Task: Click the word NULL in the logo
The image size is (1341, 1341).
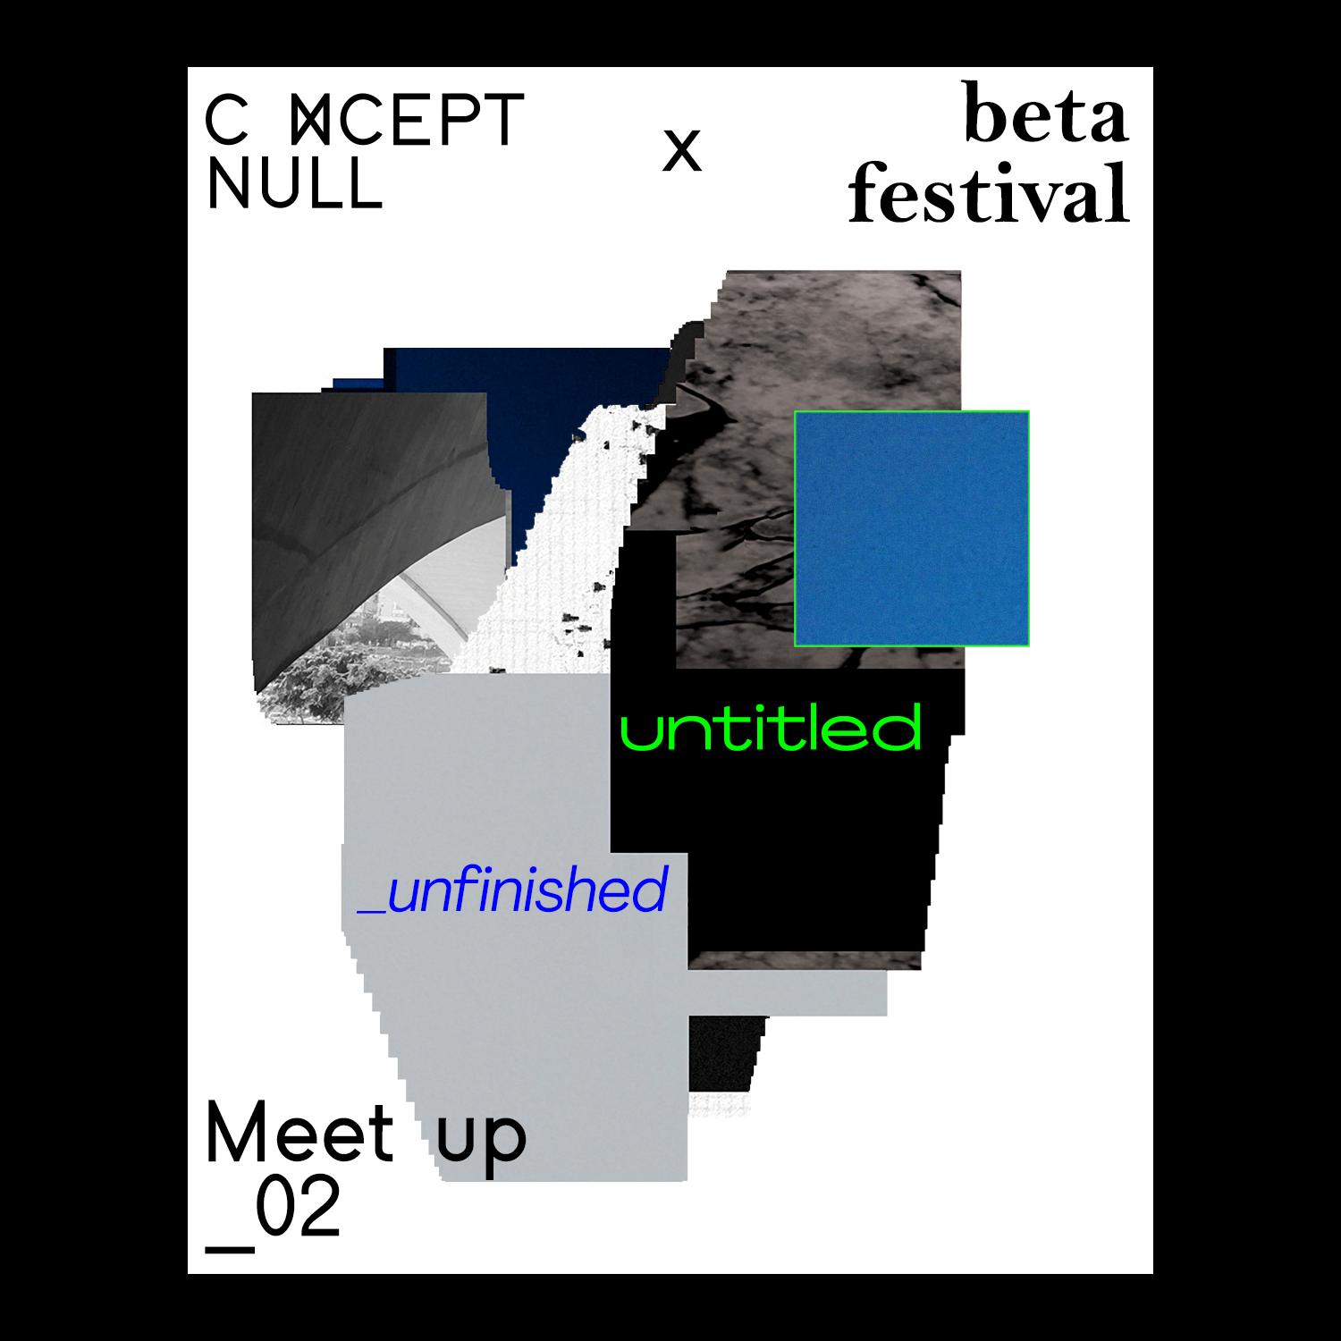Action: click(294, 184)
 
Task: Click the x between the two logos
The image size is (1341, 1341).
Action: click(682, 150)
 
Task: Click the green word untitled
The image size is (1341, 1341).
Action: click(771, 729)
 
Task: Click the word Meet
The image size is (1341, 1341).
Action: click(299, 1133)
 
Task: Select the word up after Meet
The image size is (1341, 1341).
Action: click(481, 1140)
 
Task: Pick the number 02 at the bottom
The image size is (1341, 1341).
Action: click(299, 1207)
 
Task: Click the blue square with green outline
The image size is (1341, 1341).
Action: click(911, 528)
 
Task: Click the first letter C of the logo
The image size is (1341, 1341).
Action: click(226, 121)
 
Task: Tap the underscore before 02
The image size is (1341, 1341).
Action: click(230, 1247)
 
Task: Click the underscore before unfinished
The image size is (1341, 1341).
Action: click(371, 911)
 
